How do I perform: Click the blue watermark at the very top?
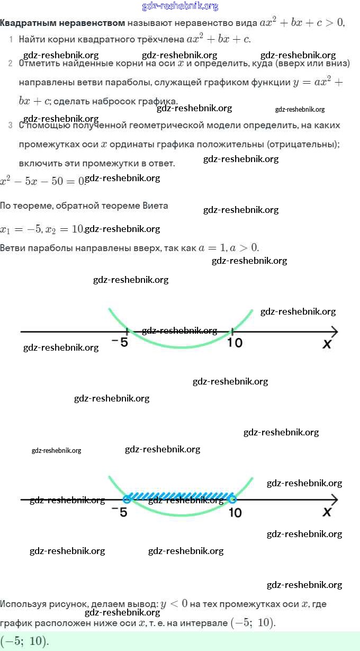(x=180, y=6)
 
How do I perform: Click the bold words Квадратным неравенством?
(x=62, y=23)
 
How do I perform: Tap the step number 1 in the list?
(x=11, y=40)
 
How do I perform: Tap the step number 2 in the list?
(x=11, y=64)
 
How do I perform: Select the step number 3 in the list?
(x=11, y=126)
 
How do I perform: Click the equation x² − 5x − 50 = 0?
(x=42, y=181)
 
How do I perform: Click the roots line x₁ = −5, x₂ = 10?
(x=42, y=229)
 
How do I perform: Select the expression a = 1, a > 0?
(x=228, y=248)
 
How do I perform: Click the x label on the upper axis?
(x=327, y=344)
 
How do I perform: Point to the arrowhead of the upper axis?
(x=334, y=332)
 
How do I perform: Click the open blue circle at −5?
(x=127, y=499)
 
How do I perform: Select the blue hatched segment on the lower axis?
(x=180, y=497)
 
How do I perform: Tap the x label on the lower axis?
(x=327, y=512)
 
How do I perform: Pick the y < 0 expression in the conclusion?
(x=173, y=604)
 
